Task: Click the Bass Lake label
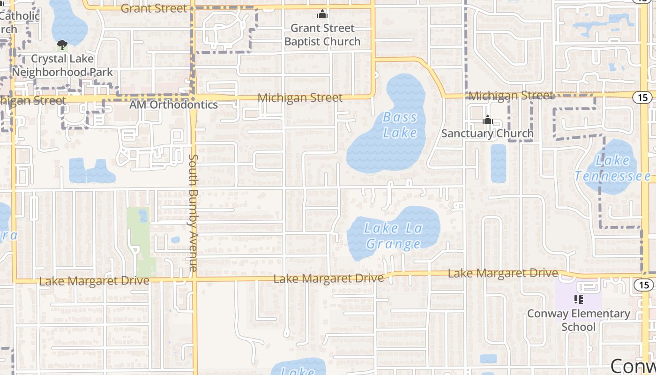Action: point(400,125)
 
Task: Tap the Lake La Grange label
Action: point(394,236)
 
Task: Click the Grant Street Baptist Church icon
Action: point(322,15)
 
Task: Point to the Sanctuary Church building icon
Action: point(488,120)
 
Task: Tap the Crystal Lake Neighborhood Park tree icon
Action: point(62,45)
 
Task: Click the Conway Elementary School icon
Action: point(578,299)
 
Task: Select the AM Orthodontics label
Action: point(174,105)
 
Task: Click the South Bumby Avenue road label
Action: point(193,212)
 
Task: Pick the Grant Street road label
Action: point(154,8)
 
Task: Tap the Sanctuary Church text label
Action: point(487,134)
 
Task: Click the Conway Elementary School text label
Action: point(579,320)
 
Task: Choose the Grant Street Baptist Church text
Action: point(322,35)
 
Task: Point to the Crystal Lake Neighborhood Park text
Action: point(62,66)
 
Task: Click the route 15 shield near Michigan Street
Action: point(642,97)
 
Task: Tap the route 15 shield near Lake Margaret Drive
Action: point(642,285)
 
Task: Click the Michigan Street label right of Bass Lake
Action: point(511,96)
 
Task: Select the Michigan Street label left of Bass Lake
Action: point(300,97)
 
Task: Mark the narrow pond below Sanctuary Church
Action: point(499,163)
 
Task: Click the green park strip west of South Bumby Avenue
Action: point(140,239)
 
